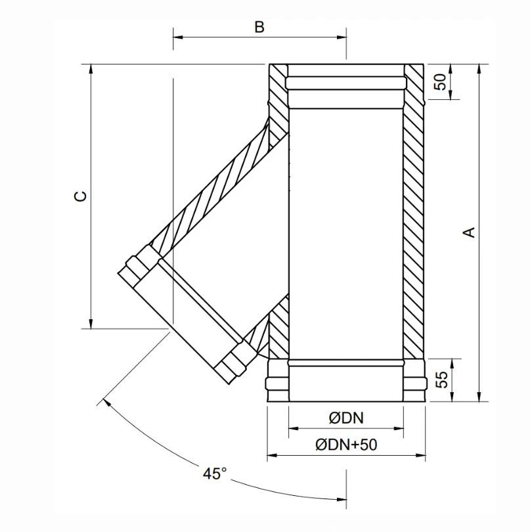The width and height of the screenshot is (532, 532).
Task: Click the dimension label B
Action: pos(259,27)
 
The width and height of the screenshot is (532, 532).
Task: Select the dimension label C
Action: pos(79,196)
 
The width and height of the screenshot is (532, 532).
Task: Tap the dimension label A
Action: pos(469,232)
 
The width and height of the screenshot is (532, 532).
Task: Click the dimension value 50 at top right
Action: pos(441,81)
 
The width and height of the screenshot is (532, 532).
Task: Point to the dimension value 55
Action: pos(441,380)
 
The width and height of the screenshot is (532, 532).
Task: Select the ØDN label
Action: pos(346,418)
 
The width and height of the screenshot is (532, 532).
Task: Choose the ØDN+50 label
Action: pos(346,445)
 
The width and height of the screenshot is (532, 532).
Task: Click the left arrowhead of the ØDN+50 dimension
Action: pos(272,455)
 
